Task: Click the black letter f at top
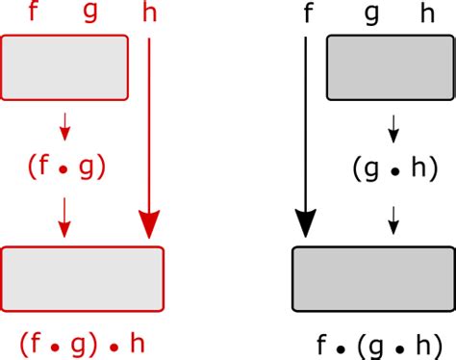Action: click(x=308, y=13)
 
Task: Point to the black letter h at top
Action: click(x=427, y=13)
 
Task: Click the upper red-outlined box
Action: click(x=65, y=66)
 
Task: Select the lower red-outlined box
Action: click(x=83, y=278)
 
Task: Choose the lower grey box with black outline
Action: click(x=373, y=279)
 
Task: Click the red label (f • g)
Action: click(x=65, y=168)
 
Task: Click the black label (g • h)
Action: click(x=393, y=168)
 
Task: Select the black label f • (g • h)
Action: click(x=375, y=344)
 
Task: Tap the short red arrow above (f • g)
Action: click(x=64, y=125)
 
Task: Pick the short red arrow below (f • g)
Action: click(x=64, y=217)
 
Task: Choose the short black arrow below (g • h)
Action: click(x=393, y=219)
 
